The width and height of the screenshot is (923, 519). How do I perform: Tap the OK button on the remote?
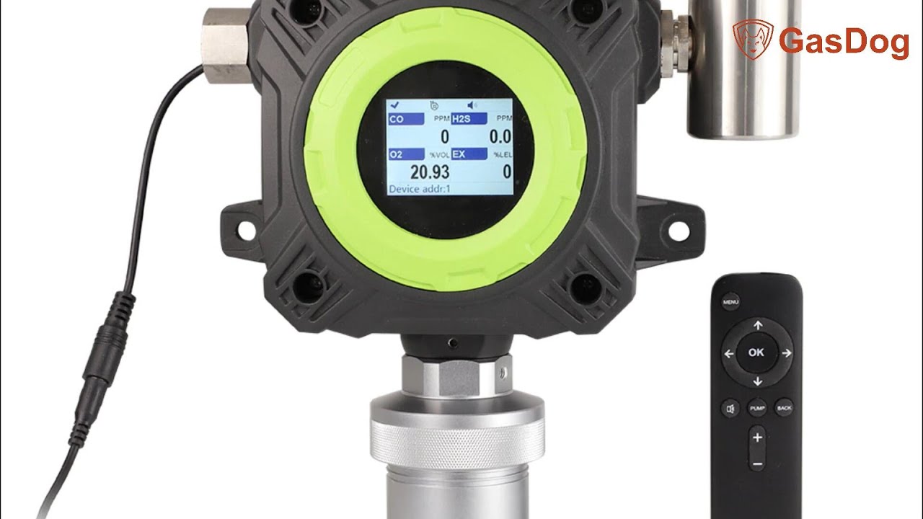[x=756, y=352]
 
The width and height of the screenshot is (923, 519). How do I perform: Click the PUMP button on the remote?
[x=756, y=408]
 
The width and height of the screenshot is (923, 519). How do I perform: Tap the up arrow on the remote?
[x=758, y=326]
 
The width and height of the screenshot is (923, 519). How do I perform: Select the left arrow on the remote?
[x=729, y=354]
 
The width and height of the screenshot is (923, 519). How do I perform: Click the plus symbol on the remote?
[x=756, y=437]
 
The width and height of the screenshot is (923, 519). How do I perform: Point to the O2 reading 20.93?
[x=429, y=172]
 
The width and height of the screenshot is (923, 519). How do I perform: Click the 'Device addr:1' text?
[x=419, y=189]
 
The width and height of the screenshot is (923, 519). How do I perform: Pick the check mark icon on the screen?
[x=395, y=105]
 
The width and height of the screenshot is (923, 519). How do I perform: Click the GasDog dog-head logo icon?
[x=752, y=40]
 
